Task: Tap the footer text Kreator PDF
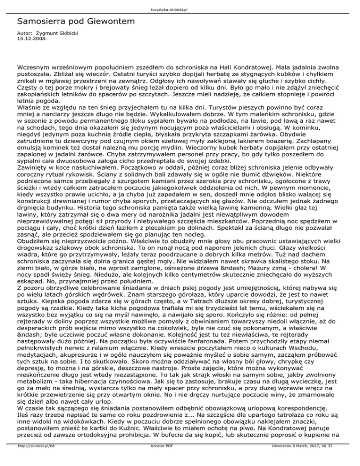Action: (x=161, y=460)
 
